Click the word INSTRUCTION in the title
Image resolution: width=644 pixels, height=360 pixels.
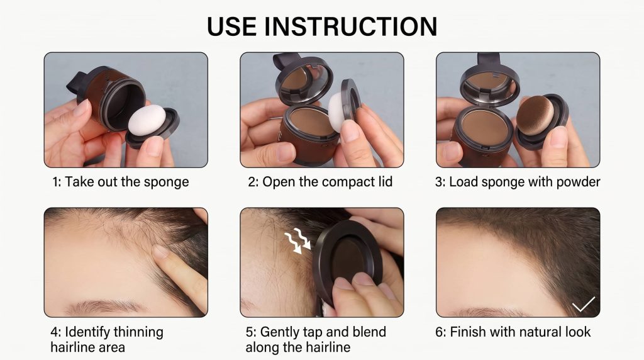350,26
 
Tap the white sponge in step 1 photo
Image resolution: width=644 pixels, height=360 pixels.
147,120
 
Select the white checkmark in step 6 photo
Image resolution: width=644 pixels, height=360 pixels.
583,304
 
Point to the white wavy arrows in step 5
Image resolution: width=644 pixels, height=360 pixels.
297,241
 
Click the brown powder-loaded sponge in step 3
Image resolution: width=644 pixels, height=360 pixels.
535,115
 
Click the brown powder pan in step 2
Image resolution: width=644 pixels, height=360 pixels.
310,123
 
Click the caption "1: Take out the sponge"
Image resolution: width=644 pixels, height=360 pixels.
121,182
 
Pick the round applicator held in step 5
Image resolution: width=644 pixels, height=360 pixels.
347,259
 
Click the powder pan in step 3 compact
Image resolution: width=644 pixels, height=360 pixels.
487,125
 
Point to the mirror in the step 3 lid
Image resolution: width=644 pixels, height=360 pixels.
489,84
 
